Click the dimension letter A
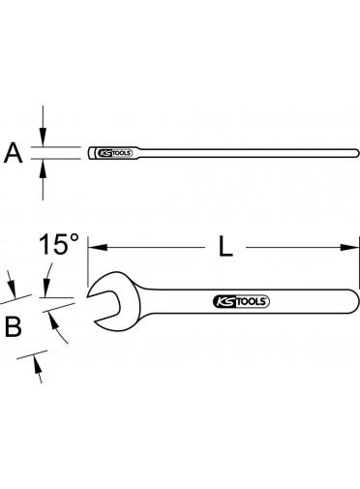pyautogui.click(x=14, y=153)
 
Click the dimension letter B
pyautogui.click(x=14, y=326)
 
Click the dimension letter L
pyautogui.click(x=225, y=246)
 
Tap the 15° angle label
pyautogui.click(x=59, y=244)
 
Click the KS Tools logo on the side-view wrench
pyautogui.click(x=114, y=153)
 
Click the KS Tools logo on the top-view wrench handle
pyautogui.click(x=241, y=301)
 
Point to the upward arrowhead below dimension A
pyautogui.click(x=43, y=168)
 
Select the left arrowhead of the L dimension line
pyautogui.click(x=98, y=248)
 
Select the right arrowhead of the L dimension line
pyautogui.click(x=349, y=248)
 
